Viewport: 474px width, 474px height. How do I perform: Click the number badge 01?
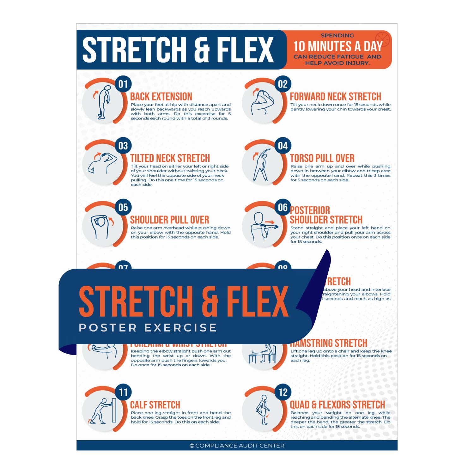click(123, 84)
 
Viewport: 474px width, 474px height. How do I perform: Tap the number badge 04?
click(283, 146)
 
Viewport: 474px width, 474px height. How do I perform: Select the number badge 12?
click(283, 392)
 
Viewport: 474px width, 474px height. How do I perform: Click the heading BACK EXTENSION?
click(161, 96)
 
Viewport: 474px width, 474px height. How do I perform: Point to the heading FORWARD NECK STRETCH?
click(335, 96)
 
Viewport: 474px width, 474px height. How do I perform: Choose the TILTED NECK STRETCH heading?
click(170, 158)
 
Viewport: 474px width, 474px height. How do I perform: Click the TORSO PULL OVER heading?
click(322, 158)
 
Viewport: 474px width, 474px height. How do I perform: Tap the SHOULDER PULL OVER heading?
click(169, 220)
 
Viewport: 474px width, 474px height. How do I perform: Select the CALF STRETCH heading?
click(155, 405)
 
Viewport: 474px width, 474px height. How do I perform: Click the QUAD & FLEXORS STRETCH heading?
click(337, 405)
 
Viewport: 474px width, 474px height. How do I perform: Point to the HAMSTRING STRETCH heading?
click(329, 343)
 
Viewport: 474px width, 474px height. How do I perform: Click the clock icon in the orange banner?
click(382, 40)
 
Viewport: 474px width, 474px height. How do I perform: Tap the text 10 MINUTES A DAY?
click(338, 46)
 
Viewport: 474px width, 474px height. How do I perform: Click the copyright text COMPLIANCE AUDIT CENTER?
click(237, 446)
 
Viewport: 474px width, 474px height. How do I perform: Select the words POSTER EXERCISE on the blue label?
click(148, 328)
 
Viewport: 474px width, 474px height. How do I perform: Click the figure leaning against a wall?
click(103, 411)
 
